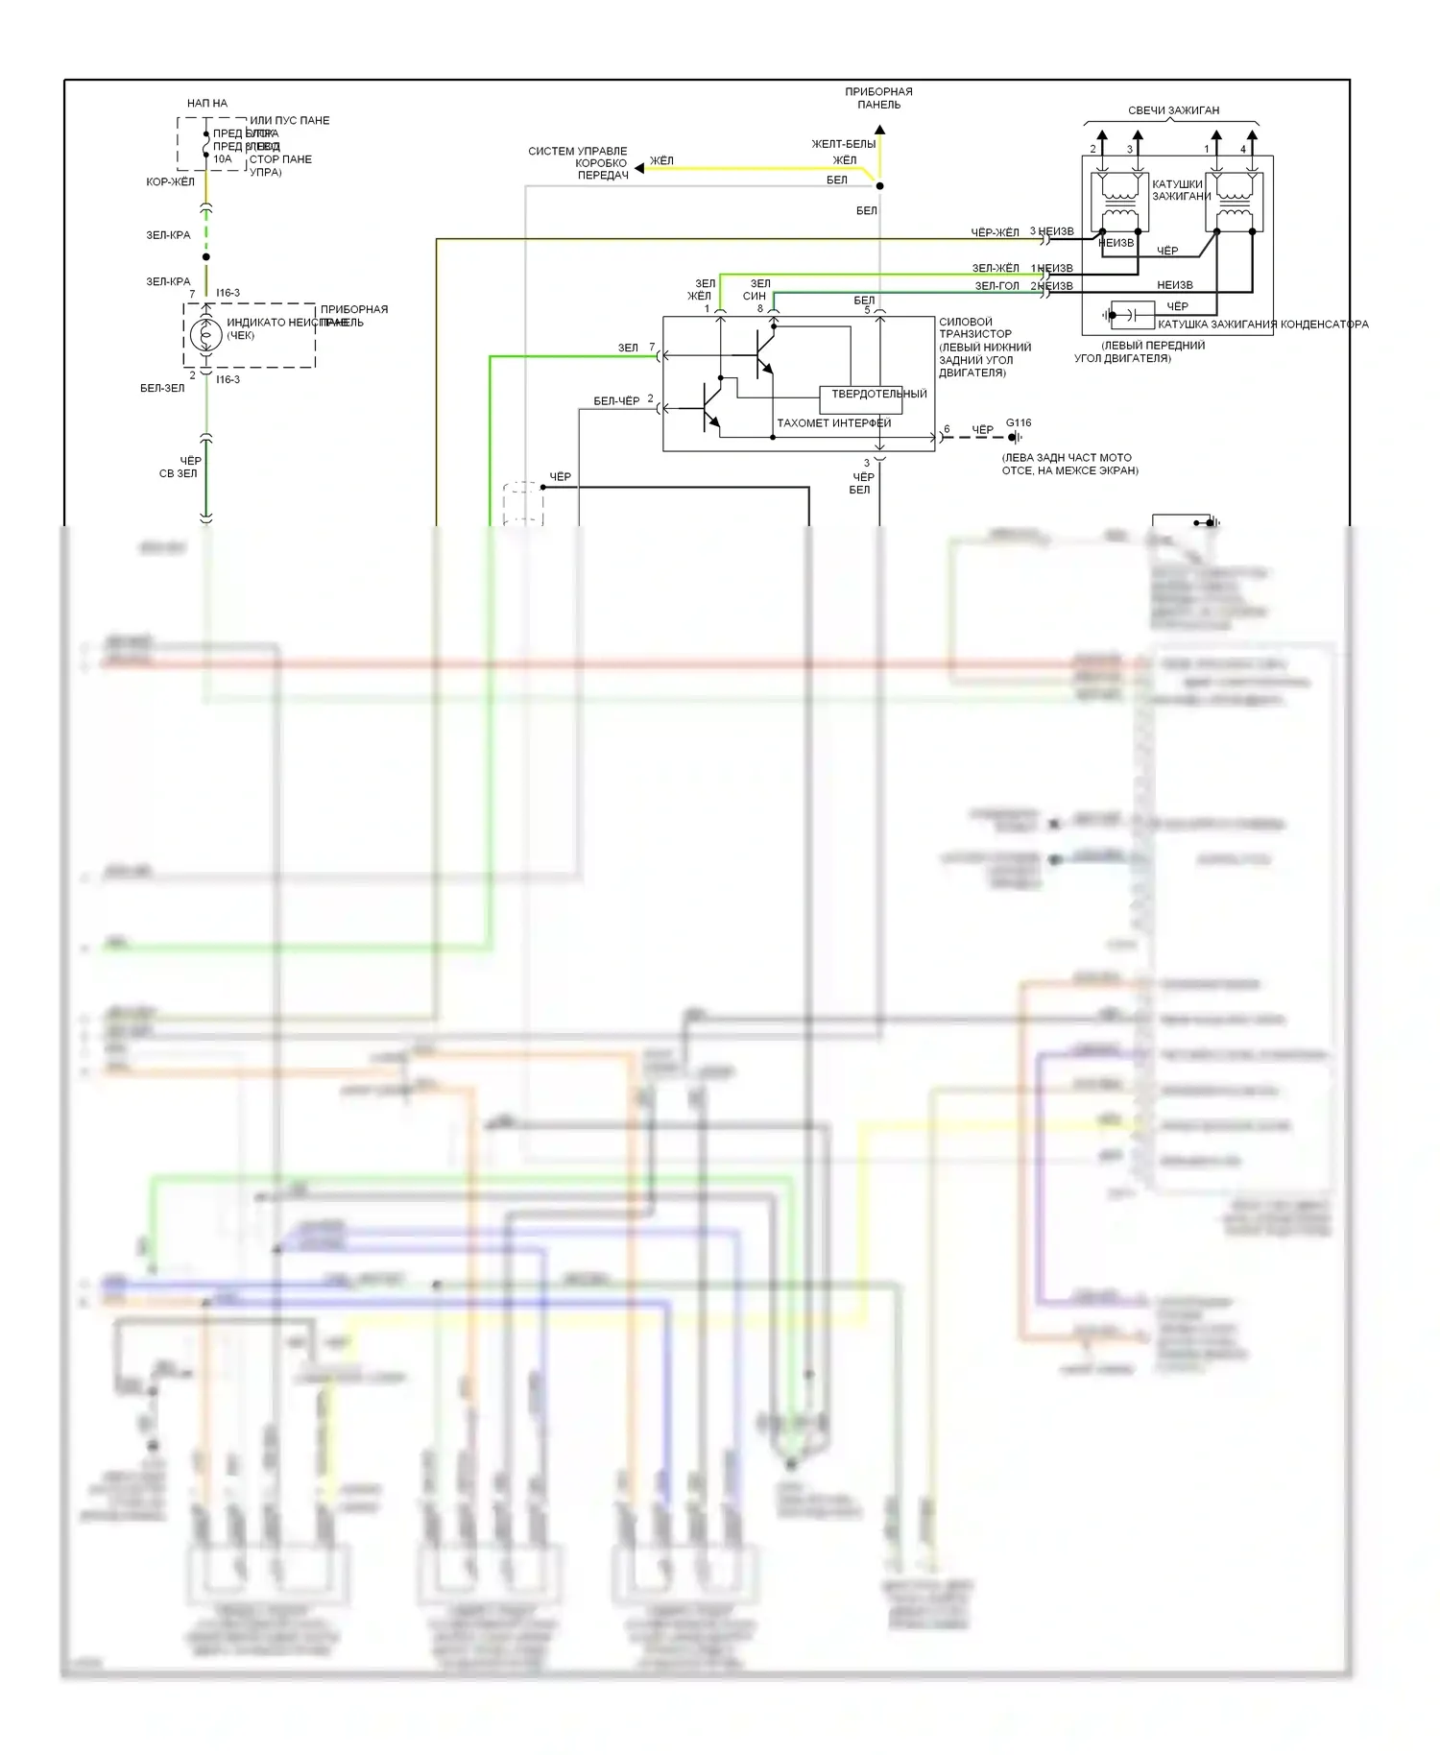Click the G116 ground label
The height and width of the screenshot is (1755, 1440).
point(1019,422)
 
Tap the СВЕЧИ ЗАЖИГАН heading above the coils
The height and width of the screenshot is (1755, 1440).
point(1173,110)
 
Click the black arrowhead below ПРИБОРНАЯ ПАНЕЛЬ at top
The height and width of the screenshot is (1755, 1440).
point(879,130)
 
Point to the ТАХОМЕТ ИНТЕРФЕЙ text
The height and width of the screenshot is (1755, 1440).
point(833,423)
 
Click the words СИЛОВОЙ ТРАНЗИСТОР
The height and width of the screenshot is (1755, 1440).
point(974,328)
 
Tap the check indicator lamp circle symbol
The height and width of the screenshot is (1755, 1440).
point(205,335)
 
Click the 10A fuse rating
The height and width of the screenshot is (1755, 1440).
point(222,159)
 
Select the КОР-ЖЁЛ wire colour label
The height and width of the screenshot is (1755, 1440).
point(170,181)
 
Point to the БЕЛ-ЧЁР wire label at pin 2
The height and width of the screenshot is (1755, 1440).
point(616,401)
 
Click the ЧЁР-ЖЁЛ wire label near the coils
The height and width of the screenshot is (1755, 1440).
point(995,232)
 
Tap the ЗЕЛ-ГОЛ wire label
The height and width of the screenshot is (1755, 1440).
point(996,286)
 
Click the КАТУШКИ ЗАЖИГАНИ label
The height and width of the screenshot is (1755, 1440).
point(1180,190)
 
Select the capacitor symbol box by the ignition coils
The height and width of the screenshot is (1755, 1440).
point(1132,314)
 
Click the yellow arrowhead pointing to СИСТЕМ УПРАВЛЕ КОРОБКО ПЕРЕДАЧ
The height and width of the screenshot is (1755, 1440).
point(639,168)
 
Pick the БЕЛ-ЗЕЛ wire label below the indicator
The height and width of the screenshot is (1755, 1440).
point(162,388)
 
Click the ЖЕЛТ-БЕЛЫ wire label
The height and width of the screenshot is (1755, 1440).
point(843,144)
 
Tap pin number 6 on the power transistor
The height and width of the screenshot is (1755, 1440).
point(947,429)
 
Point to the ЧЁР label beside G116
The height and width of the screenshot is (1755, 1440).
point(982,430)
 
